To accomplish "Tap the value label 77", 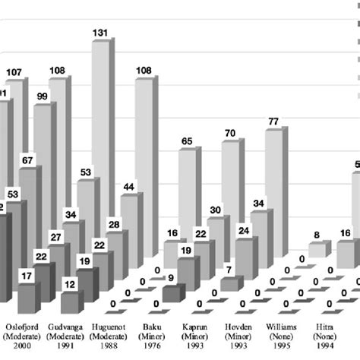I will click(x=275, y=121).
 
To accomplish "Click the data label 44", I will click(x=129, y=187).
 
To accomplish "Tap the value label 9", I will click(x=172, y=278).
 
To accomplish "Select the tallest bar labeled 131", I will click(x=101, y=114).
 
